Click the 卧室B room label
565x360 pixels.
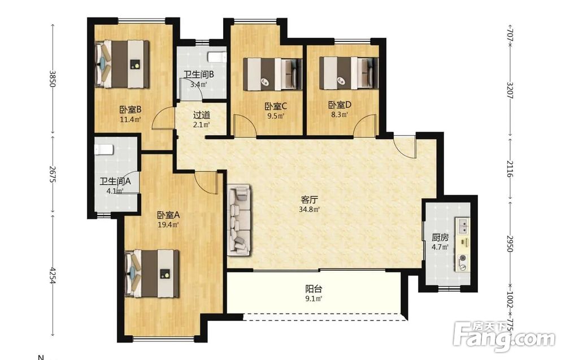[x=130, y=109]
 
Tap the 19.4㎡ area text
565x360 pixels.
[x=168, y=225]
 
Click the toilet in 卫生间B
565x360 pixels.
[x=217, y=57]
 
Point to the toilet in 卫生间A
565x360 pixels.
[x=104, y=149]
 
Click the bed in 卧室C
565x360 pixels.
[x=272, y=74]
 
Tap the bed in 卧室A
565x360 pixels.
[x=151, y=274]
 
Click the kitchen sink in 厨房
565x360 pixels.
[x=463, y=225]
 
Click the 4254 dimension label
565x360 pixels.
[x=53, y=276]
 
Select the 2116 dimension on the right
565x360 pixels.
[x=510, y=168]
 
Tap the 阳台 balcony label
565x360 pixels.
[x=314, y=289]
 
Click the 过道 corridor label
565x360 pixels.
[x=202, y=115]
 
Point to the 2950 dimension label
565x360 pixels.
[x=510, y=244]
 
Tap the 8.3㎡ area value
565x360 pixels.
[x=340, y=115]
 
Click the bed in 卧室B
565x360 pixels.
[x=122, y=64]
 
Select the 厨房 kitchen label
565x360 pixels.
[x=440, y=238]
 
